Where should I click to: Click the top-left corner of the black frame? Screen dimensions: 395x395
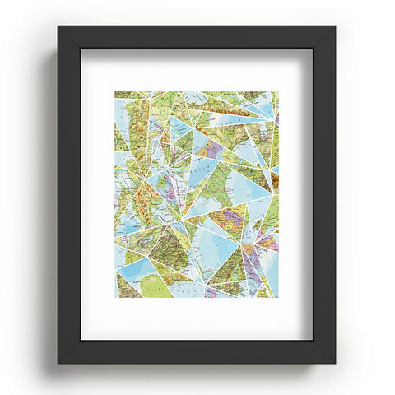tap(58, 26)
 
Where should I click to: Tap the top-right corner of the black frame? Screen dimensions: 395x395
tap(336, 26)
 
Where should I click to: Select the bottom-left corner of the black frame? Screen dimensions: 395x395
tap(58, 363)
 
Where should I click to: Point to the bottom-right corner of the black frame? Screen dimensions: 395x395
tap(336, 363)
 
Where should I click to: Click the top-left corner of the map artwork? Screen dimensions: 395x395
tap(115, 91)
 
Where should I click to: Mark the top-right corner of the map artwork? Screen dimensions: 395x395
tap(278, 91)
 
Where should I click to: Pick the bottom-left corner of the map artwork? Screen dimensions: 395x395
tap(115, 297)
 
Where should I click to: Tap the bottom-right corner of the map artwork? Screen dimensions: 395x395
tap(278, 297)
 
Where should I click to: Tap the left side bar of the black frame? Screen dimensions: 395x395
tap(69, 194)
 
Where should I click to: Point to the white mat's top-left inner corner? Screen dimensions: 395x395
tap(81, 49)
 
